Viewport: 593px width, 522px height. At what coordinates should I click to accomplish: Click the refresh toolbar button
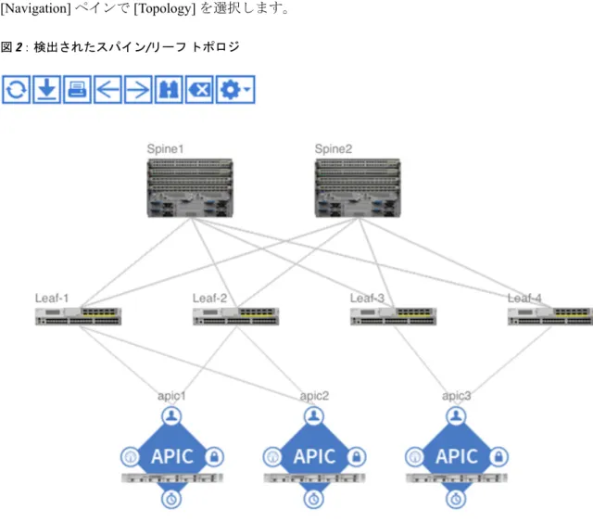coord(16,89)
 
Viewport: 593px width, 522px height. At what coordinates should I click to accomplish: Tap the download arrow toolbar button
coord(47,89)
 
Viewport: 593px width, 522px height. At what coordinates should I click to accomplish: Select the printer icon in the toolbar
coord(77,89)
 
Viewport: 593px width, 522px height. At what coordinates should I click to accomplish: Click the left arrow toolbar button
coord(107,89)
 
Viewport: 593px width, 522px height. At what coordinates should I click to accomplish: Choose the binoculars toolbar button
coord(169,89)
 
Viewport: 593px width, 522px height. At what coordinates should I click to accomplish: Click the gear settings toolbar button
coord(235,89)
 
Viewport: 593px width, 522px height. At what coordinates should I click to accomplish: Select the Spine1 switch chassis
coord(190,188)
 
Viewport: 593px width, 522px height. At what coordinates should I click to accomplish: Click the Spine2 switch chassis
coord(358,188)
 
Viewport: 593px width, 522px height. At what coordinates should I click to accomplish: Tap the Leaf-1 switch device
coord(78,316)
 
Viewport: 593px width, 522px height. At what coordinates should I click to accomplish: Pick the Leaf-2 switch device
coord(236,316)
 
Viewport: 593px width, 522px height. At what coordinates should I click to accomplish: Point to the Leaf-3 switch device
coord(393,316)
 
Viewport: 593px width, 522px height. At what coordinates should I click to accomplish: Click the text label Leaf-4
coord(524,299)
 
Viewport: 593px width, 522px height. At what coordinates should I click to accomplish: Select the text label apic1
coord(171,396)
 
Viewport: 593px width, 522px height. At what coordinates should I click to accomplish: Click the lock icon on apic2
coord(356,456)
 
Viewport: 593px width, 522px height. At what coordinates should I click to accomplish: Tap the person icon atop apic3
coord(456,416)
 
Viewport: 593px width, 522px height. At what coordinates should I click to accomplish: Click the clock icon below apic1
coord(171,499)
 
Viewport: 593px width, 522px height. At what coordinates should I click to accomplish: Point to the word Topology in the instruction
coord(165,8)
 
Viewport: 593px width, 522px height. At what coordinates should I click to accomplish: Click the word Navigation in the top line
coord(35,8)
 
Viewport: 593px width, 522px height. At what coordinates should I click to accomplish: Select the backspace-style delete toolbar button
coord(199,89)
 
